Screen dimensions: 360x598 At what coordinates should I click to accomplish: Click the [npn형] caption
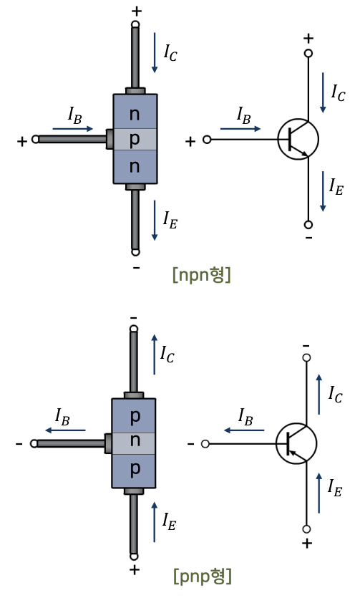point(202,274)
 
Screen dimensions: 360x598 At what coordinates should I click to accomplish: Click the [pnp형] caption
point(203,576)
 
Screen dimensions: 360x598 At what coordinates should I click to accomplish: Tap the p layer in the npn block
point(135,139)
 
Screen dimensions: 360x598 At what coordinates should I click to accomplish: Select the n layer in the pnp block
point(134,443)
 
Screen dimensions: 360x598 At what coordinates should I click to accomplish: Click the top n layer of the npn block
point(135,111)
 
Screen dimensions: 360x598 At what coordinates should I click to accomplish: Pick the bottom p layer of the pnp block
point(134,471)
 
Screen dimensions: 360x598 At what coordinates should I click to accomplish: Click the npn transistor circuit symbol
point(298,139)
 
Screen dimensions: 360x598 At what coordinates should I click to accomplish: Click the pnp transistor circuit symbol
point(296,443)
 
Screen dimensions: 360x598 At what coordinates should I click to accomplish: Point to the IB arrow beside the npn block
point(73,129)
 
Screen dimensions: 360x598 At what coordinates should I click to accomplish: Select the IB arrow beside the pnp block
point(65,430)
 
